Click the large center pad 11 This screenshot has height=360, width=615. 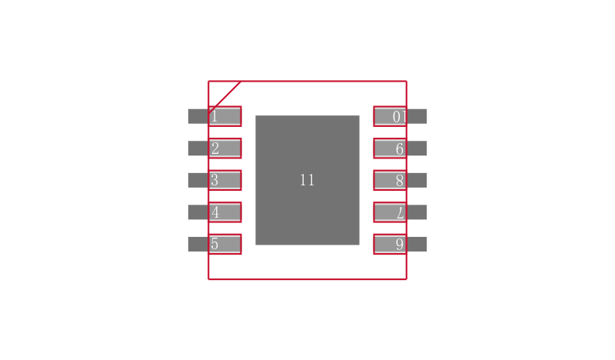(x=307, y=180)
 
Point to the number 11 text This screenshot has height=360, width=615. (x=307, y=180)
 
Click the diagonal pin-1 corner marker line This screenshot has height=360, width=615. (x=224, y=98)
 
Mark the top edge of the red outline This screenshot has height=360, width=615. (x=307, y=82)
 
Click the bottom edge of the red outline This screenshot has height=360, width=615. (x=307, y=279)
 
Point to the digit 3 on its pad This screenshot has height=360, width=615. (x=214, y=180)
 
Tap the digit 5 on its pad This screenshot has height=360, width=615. (x=214, y=244)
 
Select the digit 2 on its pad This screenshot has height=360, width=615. (x=215, y=148)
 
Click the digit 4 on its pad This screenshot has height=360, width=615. (x=215, y=212)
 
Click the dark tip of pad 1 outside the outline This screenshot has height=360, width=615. (x=198, y=116)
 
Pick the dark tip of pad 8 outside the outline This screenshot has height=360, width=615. (x=417, y=180)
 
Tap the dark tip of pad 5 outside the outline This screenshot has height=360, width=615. (x=198, y=244)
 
